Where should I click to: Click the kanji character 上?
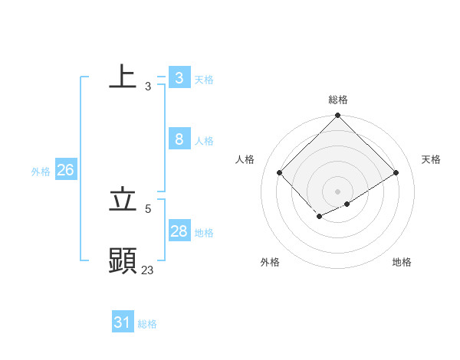pyautogui.click(x=123, y=77)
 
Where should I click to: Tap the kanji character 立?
pyautogui.click(x=123, y=200)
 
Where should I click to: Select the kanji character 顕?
pyautogui.click(x=123, y=260)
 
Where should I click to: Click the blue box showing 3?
pyautogui.click(x=179, y=78)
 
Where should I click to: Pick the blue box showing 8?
pyautogui.click(x=179, y=139)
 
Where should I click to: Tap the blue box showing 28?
pyautogui.click(x=179, y=231)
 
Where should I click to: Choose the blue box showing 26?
pyautogui.click(x=65, y=170)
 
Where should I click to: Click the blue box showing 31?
pyautogui.click(x=123, y=322)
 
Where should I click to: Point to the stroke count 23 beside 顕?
pyautogui.click(x=148, y=269)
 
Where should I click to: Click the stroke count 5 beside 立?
pyautogui.click(x=148, y=208)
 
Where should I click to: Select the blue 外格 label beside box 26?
pyautogui.click(x=41, y=172)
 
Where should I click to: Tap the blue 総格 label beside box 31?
pyautogui.click(x=147, y=324)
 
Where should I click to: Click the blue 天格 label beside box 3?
pyautogui.click(x=203, y=80)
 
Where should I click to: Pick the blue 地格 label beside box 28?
pyautogui.click(x=203, y=233)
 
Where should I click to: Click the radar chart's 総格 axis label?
pyautogui.click(x=337, y=100)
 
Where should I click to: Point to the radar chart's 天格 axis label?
pyautogui.click(x=431, y=159)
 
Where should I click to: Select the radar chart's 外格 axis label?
pyautogui.click(x=270, y=262)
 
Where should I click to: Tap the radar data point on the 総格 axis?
pyautogui.click(x=337, y=116)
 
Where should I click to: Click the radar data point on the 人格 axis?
pyautogui.click(x=280, y=173)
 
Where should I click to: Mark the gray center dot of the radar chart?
pyautogui.click(x=337, y=191)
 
